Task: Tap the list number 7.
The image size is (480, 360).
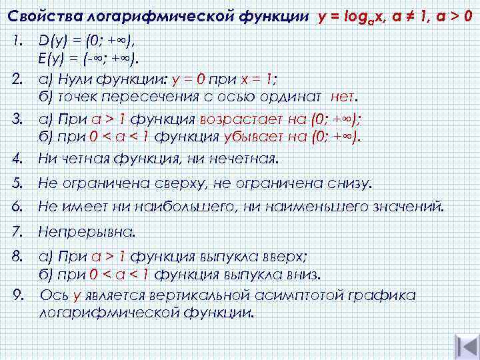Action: (x=17, y=232)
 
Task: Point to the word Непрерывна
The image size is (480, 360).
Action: (x=86, y=232)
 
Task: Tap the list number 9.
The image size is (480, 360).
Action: (x=17, y=295)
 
